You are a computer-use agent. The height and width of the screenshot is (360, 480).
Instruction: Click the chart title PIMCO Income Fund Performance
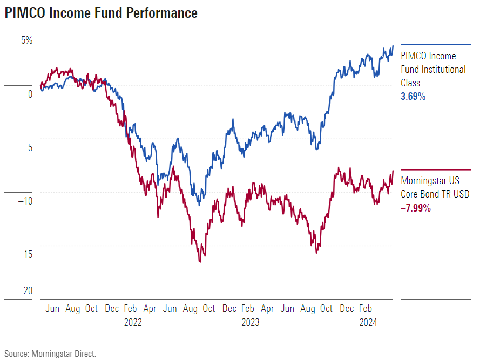(102, 13)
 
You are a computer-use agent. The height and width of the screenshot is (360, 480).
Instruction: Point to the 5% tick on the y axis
(26, 40)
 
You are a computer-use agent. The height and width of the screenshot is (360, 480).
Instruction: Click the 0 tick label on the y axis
(30, 94)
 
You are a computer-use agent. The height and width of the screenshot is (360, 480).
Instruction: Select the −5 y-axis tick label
(26, 147)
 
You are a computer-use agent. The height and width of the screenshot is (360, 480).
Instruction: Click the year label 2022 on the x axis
(133, 323)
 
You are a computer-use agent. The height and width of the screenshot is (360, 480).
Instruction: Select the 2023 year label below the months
(250, 323)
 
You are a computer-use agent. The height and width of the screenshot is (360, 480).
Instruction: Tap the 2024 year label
(368, 323)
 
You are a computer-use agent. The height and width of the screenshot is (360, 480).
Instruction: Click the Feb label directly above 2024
(366, 309)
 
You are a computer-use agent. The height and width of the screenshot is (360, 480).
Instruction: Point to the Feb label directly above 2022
(130, 309)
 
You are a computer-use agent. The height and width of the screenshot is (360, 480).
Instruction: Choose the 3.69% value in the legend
(413, 97)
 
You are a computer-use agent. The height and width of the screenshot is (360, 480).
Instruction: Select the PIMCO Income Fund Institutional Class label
(432, 70)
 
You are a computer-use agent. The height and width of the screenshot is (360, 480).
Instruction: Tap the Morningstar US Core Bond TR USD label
(435, 187)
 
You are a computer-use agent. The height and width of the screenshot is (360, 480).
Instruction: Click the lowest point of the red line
(200, 262)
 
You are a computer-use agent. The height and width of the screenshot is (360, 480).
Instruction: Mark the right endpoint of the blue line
(393, 46)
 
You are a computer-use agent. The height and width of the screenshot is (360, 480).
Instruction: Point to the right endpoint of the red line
(393, 171)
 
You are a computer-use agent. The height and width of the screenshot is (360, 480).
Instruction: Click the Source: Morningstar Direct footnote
(51, 354)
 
